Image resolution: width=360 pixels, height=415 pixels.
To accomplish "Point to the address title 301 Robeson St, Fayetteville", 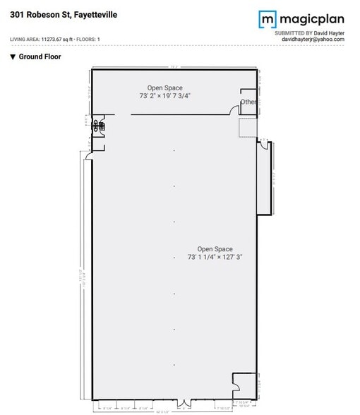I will (68, 14).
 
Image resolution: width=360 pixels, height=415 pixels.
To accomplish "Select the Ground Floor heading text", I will (40, 56).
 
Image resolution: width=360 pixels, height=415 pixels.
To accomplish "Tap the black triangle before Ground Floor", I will (13, 56).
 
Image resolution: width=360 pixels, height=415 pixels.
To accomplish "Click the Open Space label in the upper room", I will (164, 87).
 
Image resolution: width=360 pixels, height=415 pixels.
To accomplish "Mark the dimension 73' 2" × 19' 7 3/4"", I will (164, 95).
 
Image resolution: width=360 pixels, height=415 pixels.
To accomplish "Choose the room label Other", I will (248, 102).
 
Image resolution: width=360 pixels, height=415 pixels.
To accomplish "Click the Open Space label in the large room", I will (215, 249).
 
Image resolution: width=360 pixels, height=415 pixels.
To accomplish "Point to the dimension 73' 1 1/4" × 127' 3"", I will (215, 258).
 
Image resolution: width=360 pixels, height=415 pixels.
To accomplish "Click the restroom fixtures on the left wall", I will (100, 126).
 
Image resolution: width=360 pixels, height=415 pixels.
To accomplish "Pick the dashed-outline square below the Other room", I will (248, 128).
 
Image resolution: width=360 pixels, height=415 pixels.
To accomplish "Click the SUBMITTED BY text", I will (292, 32).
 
